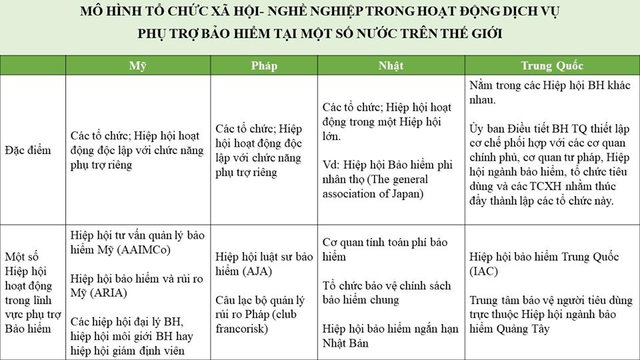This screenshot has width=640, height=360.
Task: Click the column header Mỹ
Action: pos(137,65)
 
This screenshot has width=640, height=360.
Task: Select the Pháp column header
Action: pos(264,65)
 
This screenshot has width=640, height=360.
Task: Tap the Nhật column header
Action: pos(391,65)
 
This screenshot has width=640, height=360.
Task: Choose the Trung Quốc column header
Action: pos(552,65)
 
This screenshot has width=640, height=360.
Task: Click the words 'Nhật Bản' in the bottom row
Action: pos(347,343)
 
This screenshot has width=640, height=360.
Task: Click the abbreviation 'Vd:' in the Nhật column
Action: pos(331,165)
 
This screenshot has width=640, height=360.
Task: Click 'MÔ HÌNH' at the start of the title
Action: pos(107,11)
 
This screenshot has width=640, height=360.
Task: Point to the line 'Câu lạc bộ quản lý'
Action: pos(261,300)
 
